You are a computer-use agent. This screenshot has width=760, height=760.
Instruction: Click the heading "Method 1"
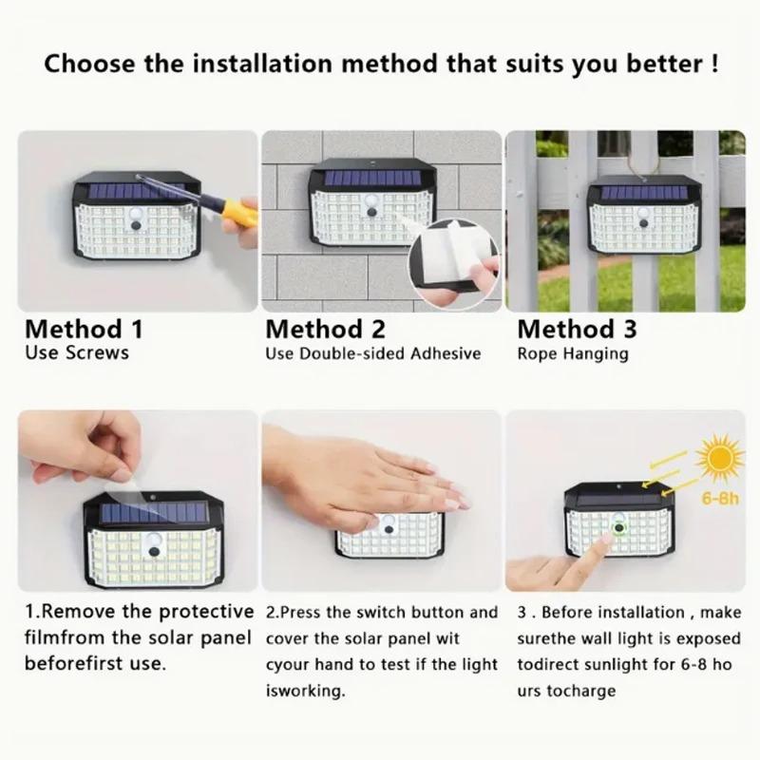point(84,330)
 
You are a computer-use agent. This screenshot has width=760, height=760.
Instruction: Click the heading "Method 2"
point(326,330)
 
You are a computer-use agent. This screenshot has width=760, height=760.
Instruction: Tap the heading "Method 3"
point(577,330)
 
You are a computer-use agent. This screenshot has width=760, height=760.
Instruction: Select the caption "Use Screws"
point(77,353)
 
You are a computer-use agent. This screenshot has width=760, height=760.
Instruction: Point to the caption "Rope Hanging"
point(573,353)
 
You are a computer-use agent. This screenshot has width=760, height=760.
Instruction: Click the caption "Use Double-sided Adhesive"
point(373,353)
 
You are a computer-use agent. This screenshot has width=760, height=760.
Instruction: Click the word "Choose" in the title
point(95,66)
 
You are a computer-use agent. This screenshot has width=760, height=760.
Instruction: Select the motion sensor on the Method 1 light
point(135,222)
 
